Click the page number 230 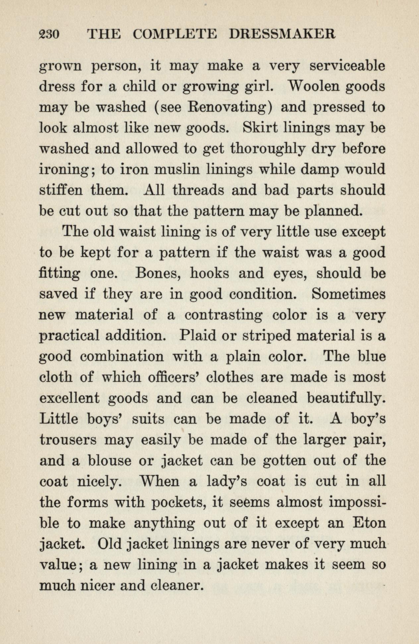[x=49, y=34]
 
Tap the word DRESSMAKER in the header [x=282, y=34]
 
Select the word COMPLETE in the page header [x=175, y=34]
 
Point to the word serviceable [x=347, y=66]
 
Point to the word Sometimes [x=349, y=294]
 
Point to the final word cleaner [x=176, y=586]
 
